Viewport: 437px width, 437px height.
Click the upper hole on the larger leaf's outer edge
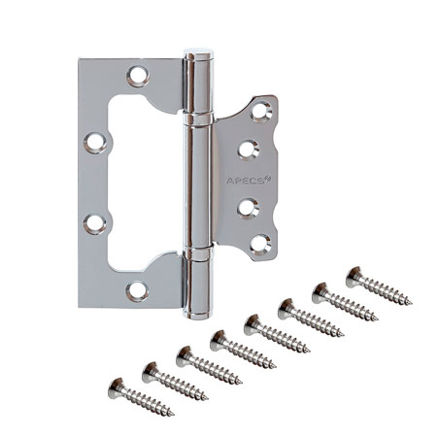coord(94,142)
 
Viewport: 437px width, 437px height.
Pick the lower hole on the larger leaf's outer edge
coord(94,221)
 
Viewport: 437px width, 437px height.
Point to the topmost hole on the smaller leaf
coord(259,112)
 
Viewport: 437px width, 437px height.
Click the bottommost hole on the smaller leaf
coord(259,244)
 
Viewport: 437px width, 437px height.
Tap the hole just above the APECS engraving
coord(248,150)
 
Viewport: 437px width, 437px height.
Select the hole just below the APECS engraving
coord(248,208)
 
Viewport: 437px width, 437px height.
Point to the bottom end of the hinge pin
coord(197,309)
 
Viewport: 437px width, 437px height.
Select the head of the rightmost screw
coord(354,271)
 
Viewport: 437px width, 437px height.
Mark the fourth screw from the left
coord(242,351)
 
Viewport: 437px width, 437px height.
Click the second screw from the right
coord(345,300)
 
